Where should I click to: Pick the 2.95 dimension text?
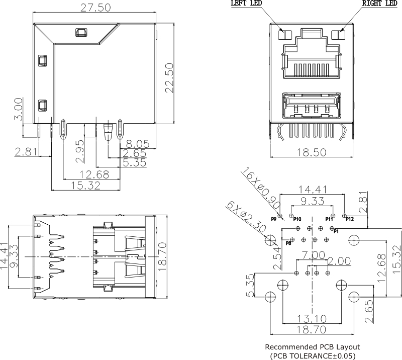pos(79,153)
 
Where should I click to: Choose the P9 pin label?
pos(274,219)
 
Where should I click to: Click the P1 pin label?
pos(337,231)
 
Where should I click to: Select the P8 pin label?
pos(288,243)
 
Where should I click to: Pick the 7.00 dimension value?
pos(312,255)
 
